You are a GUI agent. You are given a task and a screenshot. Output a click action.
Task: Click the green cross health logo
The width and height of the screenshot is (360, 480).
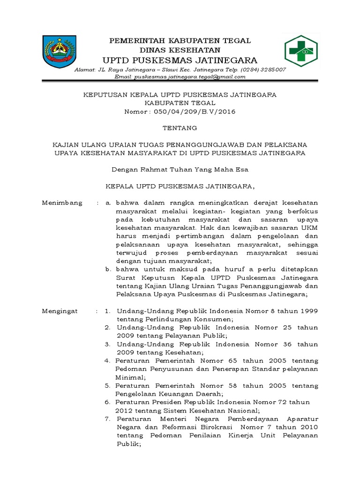tap(301, 51)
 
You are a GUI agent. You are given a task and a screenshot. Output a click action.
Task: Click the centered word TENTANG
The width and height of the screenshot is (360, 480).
tap(180, 127)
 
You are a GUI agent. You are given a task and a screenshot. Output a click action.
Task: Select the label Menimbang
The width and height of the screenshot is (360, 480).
tap(62, 202)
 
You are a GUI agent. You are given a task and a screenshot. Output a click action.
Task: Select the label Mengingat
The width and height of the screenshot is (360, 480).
tap(60, 311)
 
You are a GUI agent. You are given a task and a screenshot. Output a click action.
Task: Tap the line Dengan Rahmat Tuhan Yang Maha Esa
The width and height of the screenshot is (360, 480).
tap(180, 169)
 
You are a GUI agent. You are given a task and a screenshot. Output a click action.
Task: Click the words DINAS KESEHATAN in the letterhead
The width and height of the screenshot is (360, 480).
tap(180, 50)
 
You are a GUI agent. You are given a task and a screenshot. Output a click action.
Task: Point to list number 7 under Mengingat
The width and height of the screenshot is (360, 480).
tap(107, 419)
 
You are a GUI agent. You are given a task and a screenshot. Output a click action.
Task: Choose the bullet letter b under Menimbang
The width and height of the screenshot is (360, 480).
tap(107, 269)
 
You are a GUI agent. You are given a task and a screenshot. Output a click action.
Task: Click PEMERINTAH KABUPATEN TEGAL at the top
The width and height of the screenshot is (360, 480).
tap(180, 41)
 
